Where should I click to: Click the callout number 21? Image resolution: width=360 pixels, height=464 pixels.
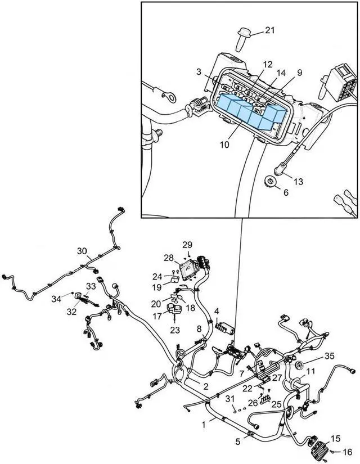269,30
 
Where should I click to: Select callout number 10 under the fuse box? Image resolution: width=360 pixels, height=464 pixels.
224,145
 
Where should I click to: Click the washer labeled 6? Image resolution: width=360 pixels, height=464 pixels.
269,181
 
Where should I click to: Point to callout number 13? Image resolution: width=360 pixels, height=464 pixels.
299,181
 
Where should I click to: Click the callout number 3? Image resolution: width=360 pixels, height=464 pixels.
199,71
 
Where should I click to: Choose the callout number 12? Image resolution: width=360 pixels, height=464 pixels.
268,65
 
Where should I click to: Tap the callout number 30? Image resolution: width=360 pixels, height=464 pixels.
82,251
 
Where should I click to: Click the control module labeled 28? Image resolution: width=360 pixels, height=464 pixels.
188,270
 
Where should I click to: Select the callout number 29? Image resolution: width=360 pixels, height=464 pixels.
187,245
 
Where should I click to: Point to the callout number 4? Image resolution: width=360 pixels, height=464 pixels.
217,312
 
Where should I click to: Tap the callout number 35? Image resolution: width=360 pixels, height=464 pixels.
329,355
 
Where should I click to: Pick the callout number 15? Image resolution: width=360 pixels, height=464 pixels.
335,438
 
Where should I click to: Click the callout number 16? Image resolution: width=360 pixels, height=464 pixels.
347,452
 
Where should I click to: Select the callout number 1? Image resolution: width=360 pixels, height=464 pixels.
204,425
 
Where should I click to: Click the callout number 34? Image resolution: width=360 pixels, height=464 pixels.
56,299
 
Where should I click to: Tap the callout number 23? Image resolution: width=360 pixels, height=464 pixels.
175,330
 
